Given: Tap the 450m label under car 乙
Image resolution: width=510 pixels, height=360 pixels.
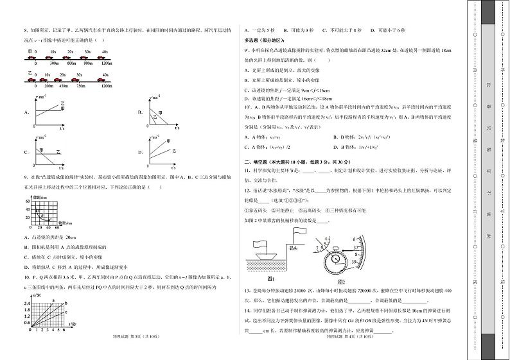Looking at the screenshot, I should point(63,85).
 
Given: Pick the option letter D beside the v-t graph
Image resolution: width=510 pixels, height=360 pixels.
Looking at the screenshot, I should point(139,152).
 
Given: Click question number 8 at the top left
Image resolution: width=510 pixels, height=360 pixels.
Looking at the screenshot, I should point(24,30).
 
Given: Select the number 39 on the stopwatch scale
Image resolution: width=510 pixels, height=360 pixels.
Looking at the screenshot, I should point(355,262).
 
